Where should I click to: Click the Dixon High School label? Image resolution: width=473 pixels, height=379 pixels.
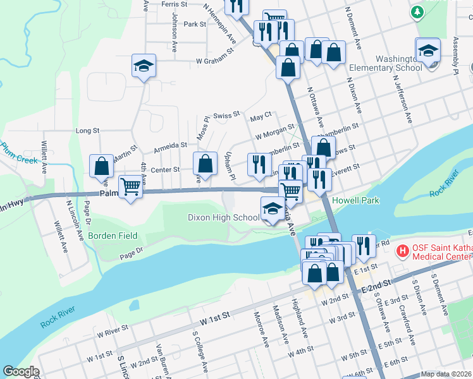[223, 218]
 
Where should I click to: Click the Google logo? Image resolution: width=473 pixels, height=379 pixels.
[21, 371]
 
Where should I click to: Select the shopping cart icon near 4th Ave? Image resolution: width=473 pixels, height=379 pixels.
[130, 187]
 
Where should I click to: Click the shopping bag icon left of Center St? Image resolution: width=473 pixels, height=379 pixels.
[102, 167]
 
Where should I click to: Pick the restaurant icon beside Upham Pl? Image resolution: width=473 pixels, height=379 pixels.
[259, 165]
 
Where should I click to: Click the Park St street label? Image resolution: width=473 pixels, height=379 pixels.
[194, 24]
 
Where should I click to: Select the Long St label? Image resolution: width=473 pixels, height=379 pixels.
[88, 131]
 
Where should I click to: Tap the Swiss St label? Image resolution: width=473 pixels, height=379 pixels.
[227, 115]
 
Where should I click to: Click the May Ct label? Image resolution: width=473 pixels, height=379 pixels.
[261, 116]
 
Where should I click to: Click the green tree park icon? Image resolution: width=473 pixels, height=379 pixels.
[417, 12]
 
